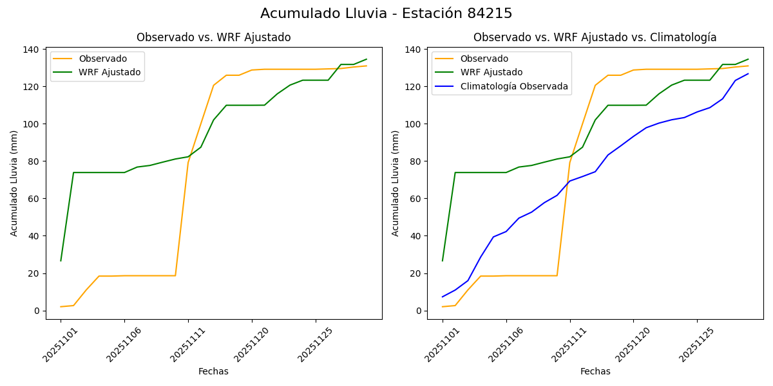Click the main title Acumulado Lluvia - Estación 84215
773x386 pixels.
(x=386, y=14)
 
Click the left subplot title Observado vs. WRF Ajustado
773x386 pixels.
(x=213, y=37)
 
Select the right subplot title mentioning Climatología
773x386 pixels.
(x=595, y=37)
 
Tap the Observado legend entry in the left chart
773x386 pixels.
(x=102, y=59)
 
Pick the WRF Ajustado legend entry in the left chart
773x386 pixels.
(x=110, y=72)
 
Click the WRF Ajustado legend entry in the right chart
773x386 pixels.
(x=491, y=72)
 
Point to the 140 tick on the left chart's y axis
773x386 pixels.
(x=32, y=50)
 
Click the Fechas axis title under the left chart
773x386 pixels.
(x=213, y=371)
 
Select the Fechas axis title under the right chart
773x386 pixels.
(x=595, y=371)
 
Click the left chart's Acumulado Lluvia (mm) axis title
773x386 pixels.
(x=14, y=183)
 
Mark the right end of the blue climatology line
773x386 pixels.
(x=748, y=73)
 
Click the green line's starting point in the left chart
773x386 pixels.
(x=61, y=261)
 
